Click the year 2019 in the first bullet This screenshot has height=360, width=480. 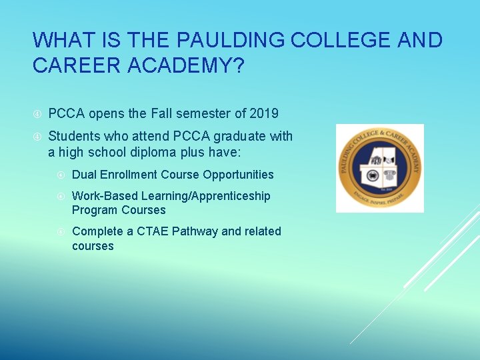tap(264, 114)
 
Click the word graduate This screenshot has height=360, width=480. tap(235, 137)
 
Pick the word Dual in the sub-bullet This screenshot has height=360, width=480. tap(84, 175)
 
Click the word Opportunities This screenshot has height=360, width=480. tap(239, 175)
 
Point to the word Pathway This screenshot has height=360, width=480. tap(195, 231)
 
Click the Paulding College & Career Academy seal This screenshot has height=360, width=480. tap(379, 168)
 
